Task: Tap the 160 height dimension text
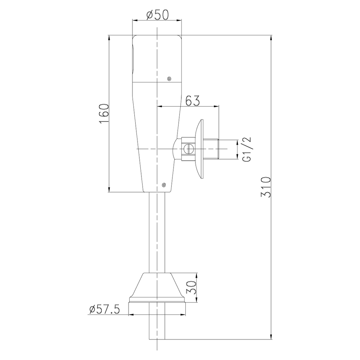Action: coord(104,114)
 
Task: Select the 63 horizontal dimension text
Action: coord(193,100)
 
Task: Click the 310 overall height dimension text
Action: coord(266,187)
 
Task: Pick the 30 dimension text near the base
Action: coord(191,287)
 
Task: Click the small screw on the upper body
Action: coord(170,79)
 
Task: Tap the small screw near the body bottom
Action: coord(163,184)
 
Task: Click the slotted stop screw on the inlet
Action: coord(189,149)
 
